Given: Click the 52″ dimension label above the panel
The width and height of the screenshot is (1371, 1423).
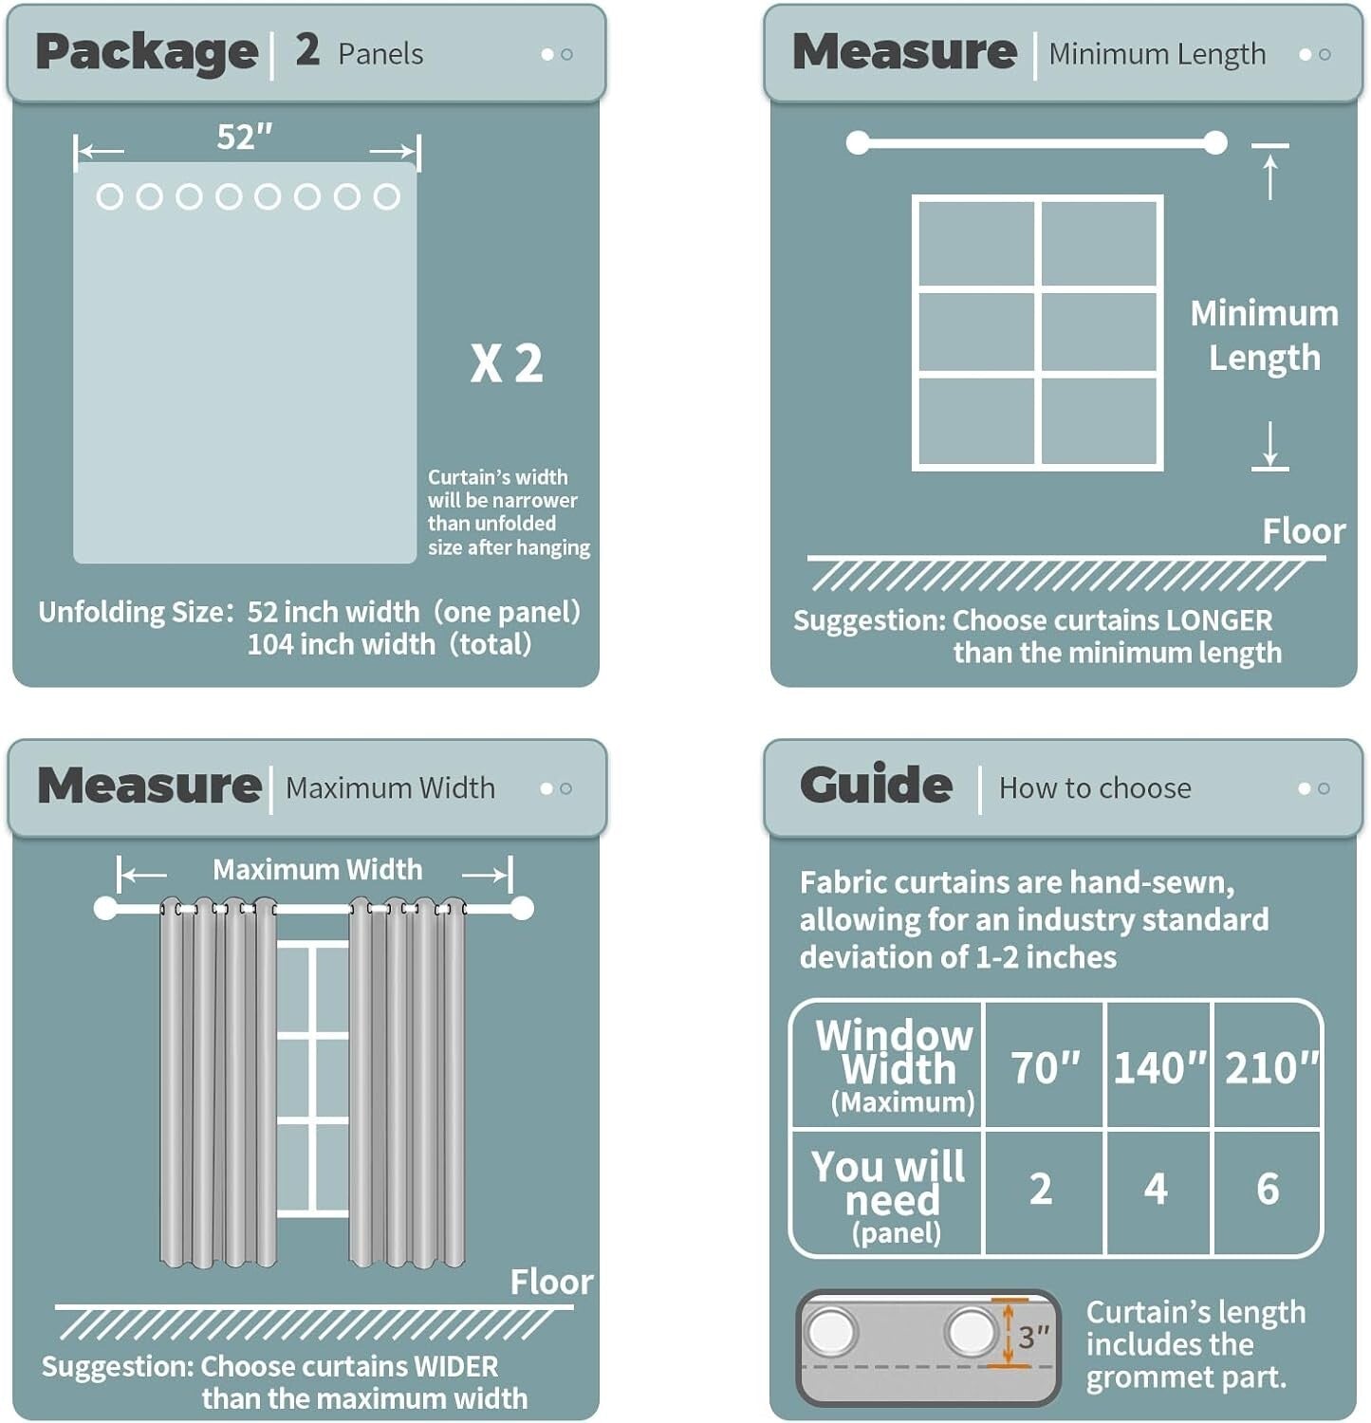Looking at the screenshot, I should (245, 137).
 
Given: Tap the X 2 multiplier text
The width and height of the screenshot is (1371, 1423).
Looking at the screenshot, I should (507, 363).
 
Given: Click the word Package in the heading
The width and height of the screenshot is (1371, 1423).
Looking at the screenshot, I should (146, 52).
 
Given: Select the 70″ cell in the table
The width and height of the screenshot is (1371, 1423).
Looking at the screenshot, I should (1045, 1067).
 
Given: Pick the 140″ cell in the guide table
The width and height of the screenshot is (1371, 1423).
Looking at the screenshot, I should (1158, 1067).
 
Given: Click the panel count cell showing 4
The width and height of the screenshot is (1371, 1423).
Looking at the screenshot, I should (1156, 1189).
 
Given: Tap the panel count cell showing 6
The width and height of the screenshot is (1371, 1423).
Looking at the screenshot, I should (1268, 1189).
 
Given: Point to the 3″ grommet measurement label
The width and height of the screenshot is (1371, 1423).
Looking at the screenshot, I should (1034, 1337).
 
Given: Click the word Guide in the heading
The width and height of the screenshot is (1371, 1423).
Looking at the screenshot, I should (876, 785).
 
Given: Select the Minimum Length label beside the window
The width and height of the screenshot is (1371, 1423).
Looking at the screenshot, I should (1264, 335).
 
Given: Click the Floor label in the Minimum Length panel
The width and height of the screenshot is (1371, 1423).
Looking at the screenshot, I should (1304, 531).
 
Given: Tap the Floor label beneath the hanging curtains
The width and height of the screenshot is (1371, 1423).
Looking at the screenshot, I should (551, 1282).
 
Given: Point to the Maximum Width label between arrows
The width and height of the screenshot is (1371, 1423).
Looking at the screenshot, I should (317, 870).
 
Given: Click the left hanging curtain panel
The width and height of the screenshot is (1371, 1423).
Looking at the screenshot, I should (218, 1081).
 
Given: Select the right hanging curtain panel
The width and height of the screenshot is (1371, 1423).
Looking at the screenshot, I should (407, 1081).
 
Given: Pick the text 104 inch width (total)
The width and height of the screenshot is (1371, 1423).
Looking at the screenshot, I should (389, 645).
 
